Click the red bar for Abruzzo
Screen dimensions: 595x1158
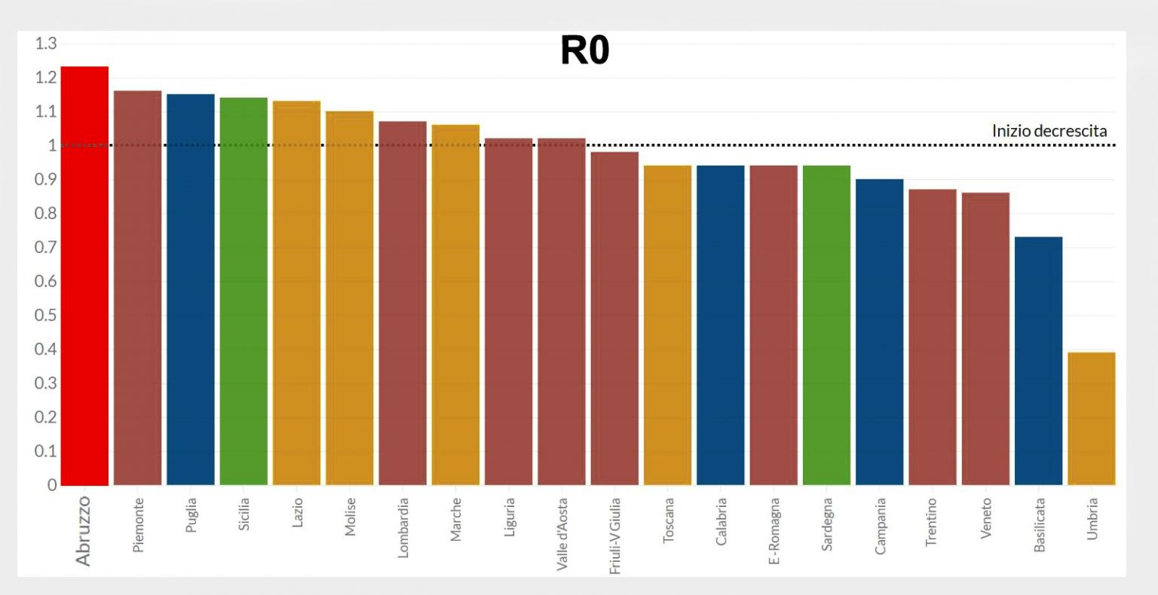pyautogui.click(x=84, y=276)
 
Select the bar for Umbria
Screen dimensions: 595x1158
pyautogui.click(x=1091, y=418)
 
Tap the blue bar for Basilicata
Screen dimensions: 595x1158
pyautogui.click(x=1038, y=361)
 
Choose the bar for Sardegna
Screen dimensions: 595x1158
pyautogui.click(x=826, y=325)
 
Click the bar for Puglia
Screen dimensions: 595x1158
pyautogui.click(x=190, y=289)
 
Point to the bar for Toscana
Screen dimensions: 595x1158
pyautogui.click(x=667, y=325)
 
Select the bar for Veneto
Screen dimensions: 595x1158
pyautogui.click(x=985, y=338)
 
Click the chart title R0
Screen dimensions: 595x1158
pyautogui.click(x=584, y=51)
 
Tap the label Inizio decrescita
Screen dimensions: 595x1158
pyautogui.click(x=1049, y=131)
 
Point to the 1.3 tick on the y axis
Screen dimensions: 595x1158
pyautogui.click(x=45, y=44)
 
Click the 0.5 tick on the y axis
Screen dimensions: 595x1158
pyautogui.click(x=45, y=315)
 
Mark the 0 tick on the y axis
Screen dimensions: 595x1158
pyautogui.click(x=52, y=485)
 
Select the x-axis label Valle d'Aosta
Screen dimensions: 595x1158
pyautogui.click(x=562, y=533)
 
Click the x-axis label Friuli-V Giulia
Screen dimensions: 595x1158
pyautogui.click(x=614, y=535)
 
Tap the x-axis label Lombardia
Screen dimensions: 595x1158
pyautogui.click(x=403, y=526)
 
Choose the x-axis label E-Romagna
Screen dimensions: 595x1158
pyautogui.click(x=774, y=530)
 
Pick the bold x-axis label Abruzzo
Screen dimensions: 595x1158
pyautogui.click(x=83, y=530)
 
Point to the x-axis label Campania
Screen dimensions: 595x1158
pyautogui.click(x=880, y=526)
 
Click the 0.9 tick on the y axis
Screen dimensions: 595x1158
pyautogui.click(x=45, y=179)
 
